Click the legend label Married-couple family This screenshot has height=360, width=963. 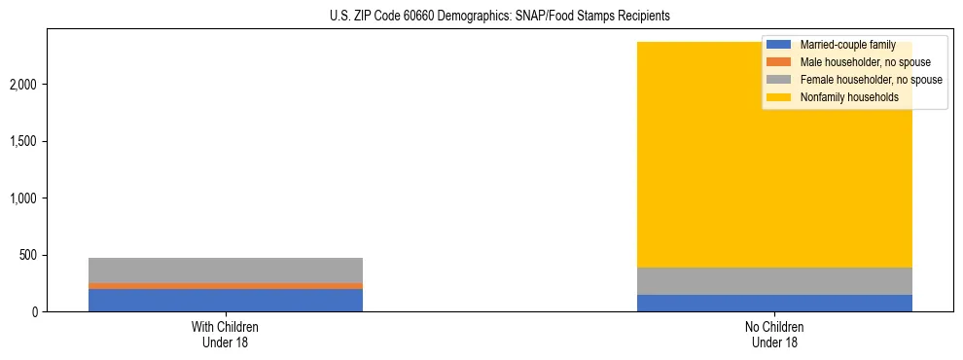(847, 45)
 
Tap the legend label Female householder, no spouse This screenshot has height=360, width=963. (871, 80)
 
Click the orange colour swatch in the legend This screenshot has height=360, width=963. (779, 62)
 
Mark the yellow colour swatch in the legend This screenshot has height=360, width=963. (779, 97)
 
